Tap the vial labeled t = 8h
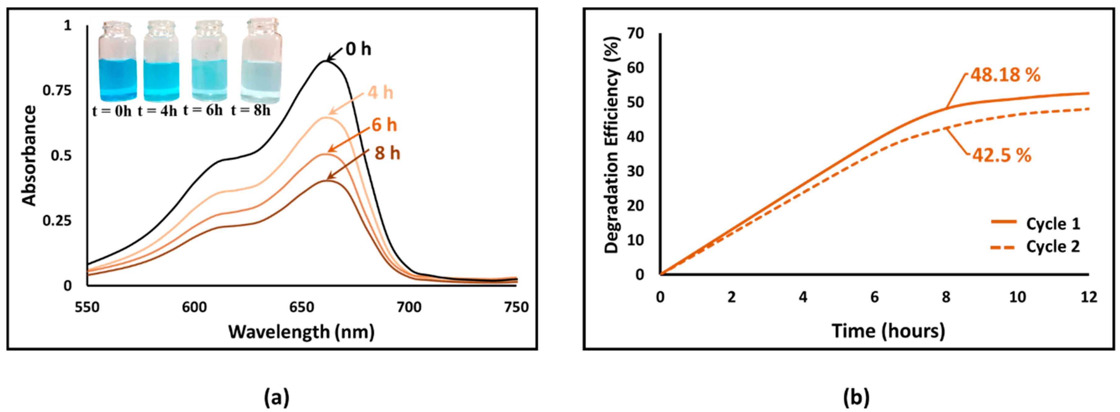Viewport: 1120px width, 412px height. coord(262,63)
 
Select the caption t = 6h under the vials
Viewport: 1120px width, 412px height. coord(203,111)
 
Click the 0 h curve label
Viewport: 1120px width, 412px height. coord(358,49)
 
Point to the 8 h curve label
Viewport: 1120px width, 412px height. coord(387,154)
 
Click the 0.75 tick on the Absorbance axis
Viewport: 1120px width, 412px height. coord(57,91)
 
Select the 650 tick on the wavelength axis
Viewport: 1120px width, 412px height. coord(302,307)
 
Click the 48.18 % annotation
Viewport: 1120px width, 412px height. coord(1005,75)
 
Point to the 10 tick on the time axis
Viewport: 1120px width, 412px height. coord(1017,297)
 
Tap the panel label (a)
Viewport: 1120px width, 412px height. coord(277,397)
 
